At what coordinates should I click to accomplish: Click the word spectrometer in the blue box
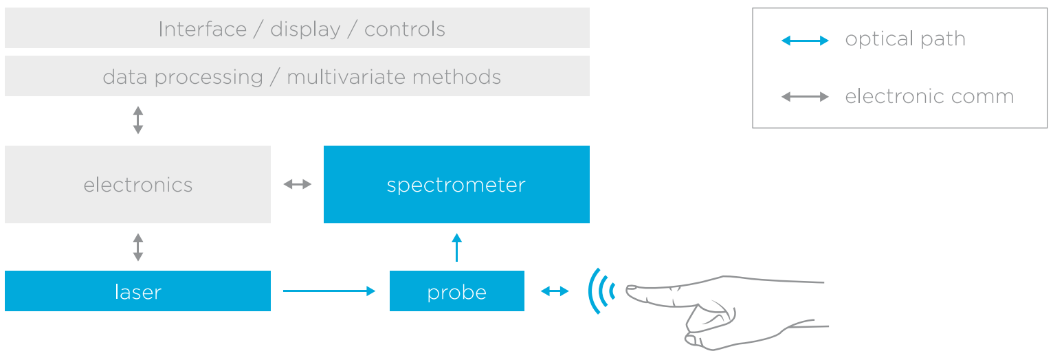coord(456,185)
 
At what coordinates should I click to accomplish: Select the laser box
coord(137,291)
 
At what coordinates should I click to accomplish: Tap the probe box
coord(457,291)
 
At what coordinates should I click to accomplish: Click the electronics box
coord(137,184)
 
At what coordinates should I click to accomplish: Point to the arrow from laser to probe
coord(329,291)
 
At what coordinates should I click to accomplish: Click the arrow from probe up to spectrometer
coord(456,247)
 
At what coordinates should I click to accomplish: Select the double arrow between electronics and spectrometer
coord(298,184)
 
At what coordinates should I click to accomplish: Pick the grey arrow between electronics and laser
coord(137,247)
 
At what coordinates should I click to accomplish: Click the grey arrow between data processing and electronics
coord(137,120)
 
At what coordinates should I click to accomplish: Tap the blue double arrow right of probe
coord(555,291)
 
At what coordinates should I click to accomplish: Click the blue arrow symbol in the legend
coord(805,41)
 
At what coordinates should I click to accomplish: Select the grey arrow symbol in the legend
coord(805,97)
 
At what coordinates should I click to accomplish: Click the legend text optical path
coord(905,39)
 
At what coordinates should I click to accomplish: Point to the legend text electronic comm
coord(929,96)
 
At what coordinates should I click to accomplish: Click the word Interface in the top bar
coord(203,29)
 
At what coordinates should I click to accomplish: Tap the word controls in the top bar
coord(405,29)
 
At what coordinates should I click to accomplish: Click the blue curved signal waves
coord(601,291)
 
